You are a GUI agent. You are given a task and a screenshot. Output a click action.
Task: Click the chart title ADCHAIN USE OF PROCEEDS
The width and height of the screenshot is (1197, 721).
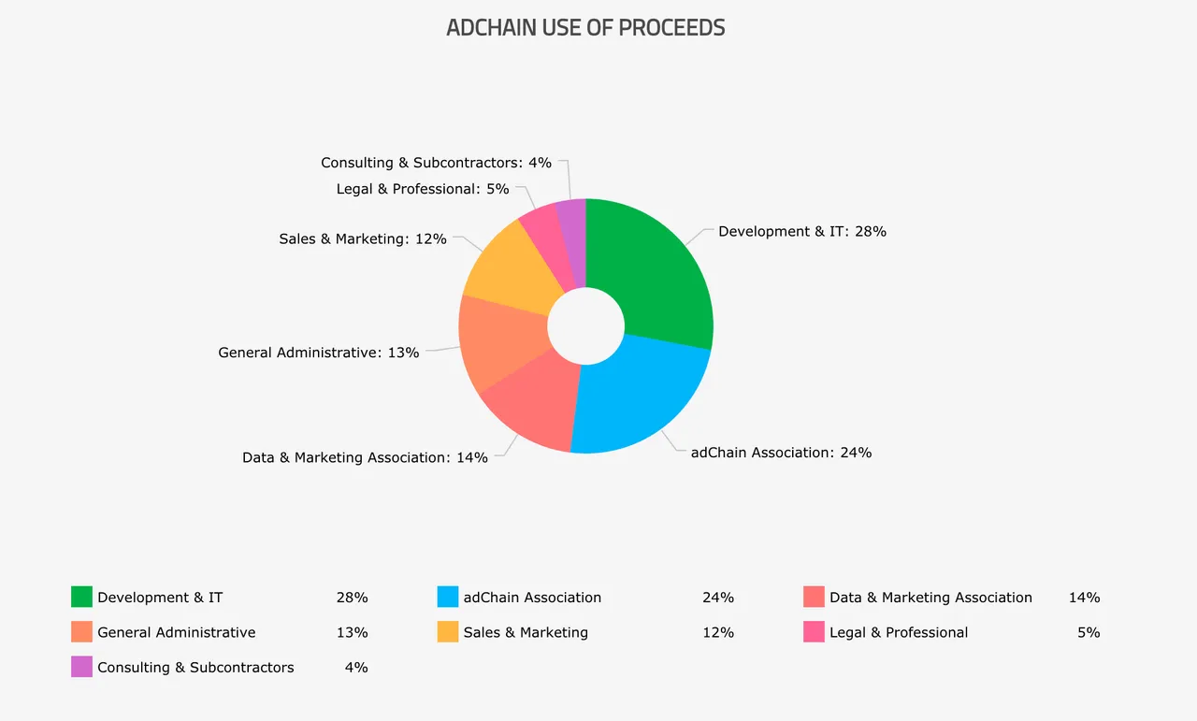(585, 28)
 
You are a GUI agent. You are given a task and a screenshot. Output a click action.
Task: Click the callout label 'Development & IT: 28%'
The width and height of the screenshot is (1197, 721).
(801, 231)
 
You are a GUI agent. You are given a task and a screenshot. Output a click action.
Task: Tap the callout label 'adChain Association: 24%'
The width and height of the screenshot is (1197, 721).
(781, 453)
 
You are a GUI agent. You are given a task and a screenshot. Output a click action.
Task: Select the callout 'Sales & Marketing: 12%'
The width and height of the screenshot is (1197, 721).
(363, 239)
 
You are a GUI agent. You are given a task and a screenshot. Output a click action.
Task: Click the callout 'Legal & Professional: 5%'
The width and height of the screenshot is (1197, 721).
(423, 189)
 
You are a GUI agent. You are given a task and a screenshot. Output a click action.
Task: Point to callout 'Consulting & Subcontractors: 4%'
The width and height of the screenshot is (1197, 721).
(436, 163)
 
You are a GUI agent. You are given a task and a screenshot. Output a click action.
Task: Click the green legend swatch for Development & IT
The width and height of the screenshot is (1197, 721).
(81, 597)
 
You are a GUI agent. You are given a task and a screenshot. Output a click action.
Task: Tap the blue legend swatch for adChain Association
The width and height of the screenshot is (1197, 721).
(448, 597)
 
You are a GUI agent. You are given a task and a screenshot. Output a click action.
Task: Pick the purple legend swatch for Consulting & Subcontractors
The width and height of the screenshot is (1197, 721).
(81, 667)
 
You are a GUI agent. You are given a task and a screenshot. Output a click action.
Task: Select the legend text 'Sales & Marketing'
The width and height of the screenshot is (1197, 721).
(526, 632)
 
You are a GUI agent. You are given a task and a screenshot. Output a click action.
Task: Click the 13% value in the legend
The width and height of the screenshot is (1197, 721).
(352, 632)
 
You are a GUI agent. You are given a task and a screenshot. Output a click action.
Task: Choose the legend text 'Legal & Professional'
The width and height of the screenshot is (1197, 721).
(899, 632)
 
